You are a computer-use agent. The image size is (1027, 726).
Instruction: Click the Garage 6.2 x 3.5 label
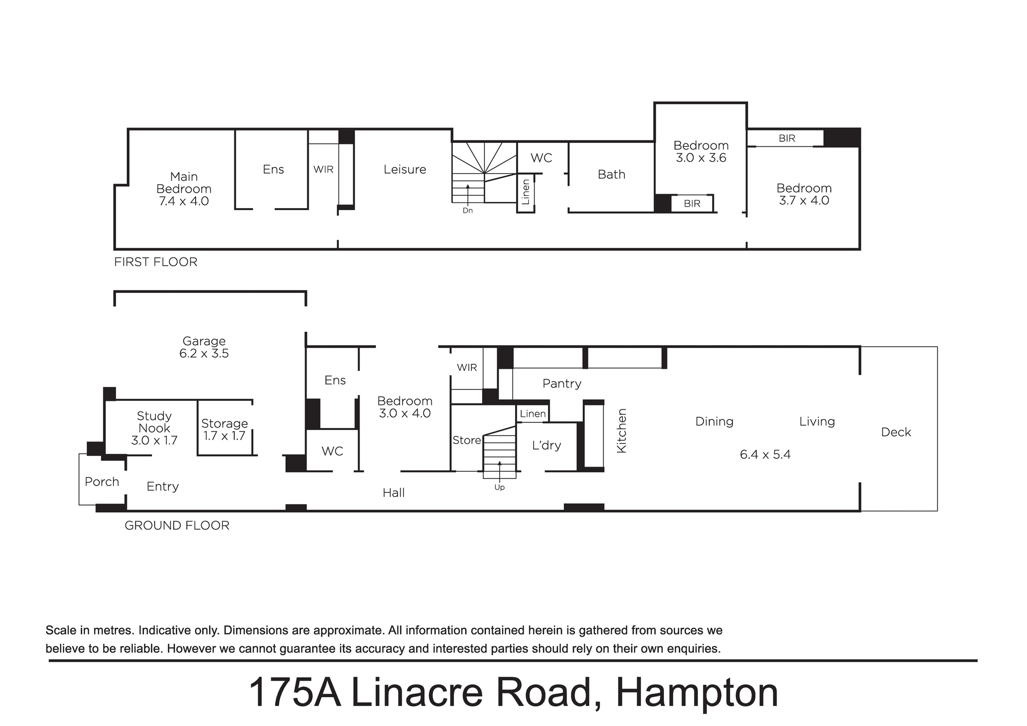pos(204,347)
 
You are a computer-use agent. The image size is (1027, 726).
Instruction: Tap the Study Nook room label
pos(154,422)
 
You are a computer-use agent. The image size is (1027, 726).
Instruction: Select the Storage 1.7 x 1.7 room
pos(224,430)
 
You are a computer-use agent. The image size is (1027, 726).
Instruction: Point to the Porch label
pos(102,482)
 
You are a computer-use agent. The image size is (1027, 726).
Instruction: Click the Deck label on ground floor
pos(896,432)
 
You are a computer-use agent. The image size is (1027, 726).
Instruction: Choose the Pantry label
pos(562,384)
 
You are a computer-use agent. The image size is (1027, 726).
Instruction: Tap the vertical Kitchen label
pos(622,431)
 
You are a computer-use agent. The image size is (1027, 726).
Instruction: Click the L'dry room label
pos(546,445)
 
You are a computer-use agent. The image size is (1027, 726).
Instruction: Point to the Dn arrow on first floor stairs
pos(468,194)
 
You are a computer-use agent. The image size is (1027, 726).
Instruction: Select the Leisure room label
pos(405,170)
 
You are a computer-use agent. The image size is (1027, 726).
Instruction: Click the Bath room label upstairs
pos(612,175)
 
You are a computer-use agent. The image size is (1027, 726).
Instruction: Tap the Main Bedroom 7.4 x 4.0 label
pos(184,189)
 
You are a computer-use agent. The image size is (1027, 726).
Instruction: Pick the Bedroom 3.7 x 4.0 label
pos(804,194)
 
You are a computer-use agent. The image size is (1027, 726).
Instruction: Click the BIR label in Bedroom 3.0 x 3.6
pos(692,203)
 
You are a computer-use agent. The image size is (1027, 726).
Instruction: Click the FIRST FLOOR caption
pos(156,262)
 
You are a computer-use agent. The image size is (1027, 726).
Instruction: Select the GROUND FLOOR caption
pos(177,526)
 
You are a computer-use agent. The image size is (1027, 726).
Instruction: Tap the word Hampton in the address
pos(697,694)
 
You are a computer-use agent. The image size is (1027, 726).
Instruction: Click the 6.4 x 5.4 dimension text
pos(765,455)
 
